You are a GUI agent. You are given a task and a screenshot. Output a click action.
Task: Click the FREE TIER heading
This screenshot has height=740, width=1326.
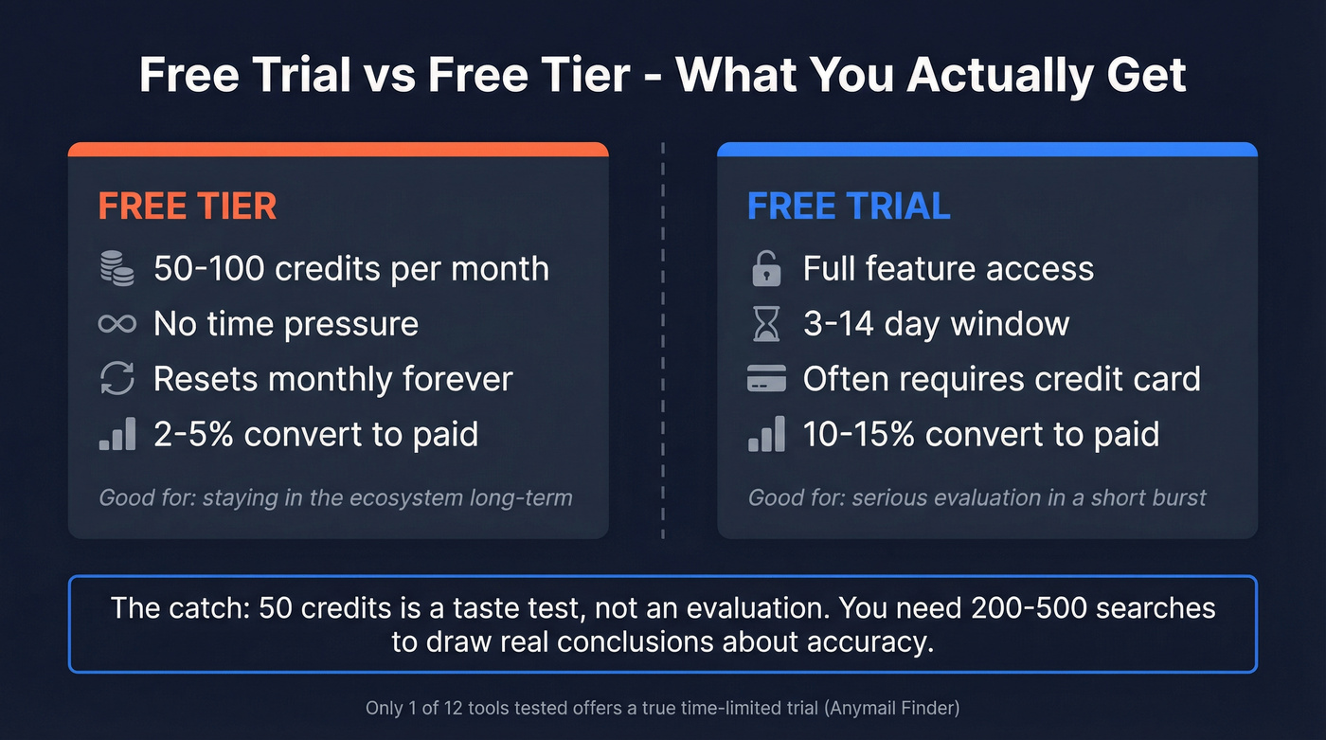(188, 207)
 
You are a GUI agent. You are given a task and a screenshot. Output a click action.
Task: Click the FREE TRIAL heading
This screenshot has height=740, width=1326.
(849, 207)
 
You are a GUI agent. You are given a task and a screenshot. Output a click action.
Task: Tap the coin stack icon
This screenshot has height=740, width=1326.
(117, 268)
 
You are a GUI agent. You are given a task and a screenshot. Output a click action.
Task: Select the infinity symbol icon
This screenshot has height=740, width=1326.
(117, 324)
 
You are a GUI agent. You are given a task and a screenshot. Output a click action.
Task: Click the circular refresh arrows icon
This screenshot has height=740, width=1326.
(117, 379)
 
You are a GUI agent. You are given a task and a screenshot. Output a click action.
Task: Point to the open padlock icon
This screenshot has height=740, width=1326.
(766, 269)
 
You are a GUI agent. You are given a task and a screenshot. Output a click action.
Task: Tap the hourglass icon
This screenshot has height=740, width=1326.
(766, 324)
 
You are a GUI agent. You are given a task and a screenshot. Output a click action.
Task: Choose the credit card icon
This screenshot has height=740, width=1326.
(766, 380)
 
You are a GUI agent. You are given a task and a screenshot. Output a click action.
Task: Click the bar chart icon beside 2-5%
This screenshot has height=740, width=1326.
(117, 434)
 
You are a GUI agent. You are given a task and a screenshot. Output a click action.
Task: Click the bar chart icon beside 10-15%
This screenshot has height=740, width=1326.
(766, 434)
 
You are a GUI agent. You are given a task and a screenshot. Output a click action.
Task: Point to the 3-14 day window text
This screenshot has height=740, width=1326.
(936, 324)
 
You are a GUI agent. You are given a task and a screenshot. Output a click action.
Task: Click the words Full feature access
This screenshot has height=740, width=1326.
(948, 269)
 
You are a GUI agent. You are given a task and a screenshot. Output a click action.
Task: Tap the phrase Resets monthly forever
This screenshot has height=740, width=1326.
(332, 379)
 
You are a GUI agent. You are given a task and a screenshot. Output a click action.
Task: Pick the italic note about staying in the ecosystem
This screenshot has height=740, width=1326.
(335, 497)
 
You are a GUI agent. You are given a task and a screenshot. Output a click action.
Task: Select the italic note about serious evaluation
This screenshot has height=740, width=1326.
(977, 497)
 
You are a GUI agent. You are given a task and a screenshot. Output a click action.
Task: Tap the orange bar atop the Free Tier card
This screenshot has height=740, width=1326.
(338, 149)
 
